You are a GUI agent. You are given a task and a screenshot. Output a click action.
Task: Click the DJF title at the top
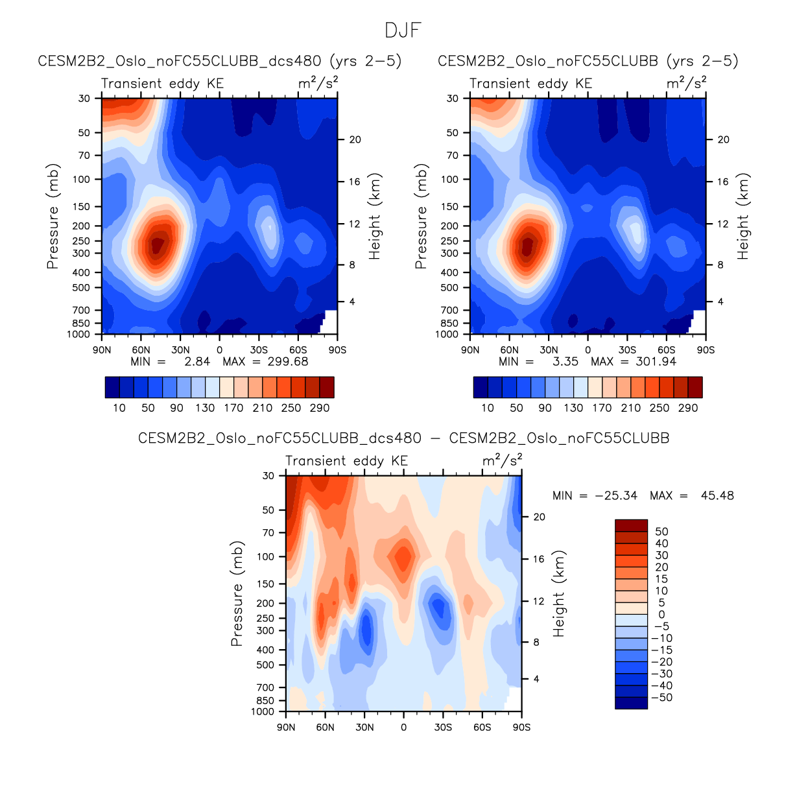403,30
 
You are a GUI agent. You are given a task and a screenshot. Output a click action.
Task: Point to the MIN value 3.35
565,362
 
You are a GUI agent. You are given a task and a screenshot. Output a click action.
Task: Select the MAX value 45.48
717,495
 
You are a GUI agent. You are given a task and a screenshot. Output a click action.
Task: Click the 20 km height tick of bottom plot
539,517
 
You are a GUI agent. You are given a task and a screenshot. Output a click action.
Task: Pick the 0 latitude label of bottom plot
403,728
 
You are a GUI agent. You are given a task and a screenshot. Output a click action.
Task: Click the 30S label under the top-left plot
259,350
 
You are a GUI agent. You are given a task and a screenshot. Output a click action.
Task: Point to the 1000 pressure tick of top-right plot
447,335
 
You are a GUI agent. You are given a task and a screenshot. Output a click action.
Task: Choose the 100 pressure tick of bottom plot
266,556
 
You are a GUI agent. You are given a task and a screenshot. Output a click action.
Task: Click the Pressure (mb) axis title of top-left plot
53,216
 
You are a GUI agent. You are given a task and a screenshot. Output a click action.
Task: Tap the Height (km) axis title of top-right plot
743,216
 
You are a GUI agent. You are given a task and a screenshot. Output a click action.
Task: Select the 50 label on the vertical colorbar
661,532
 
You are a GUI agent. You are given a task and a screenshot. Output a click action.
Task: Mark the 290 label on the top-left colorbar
320,408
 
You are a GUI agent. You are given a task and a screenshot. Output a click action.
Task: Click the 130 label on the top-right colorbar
573,408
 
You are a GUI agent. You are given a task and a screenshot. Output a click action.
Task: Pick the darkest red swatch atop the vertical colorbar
631,525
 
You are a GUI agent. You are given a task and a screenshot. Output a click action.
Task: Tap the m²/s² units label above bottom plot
502,460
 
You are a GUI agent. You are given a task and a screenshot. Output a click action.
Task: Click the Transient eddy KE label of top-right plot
530,84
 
